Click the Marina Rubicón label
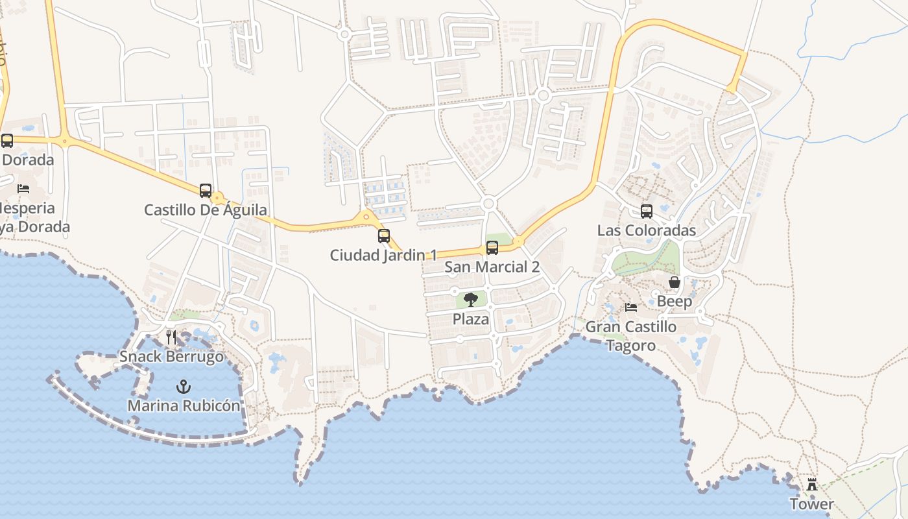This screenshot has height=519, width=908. pyautogui.click(x=184, y=405)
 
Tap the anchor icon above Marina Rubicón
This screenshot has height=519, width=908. pyautogui.click(x=184, y=387)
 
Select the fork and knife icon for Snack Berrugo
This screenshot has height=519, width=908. pyautogui.click(x=171, y=337)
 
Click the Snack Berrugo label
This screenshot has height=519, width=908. pyautogui.click(x=171, y=356)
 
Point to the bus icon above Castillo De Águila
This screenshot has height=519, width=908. pyautogui.click(x=206, y=191)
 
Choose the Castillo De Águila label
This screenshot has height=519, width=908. pyautogui.click(x=206, y=210)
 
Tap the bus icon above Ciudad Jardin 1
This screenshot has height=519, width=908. pyautogui.click(x=384, y=236)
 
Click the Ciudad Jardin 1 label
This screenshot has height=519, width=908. pyautogui.click(x=384, y=255)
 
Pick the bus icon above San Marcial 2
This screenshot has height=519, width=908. pyautogui.click(x=492, y=248)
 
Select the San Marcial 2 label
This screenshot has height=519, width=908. pyautogui.click(x=492, y=267)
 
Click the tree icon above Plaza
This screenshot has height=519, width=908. pyautogui.click(x=471, y=300)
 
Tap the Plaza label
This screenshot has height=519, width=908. pyautogui.click(x=471, y=319)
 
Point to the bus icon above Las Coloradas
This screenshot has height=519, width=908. pyautogui.click(x=647, y=211)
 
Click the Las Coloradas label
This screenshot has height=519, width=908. pyautogui.click(x=647, y=230)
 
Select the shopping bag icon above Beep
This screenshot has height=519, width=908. pyautogui.click(x=675, y=282)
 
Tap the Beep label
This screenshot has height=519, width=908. pyautogui.click(x=675, y=301)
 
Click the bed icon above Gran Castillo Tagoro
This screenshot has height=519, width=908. pyautogui.click(x=631, y=308)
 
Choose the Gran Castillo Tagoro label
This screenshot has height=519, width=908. pyautogui.click(x=631, y=336)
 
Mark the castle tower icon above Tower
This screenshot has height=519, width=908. pyautogui.click(x=811, y=485)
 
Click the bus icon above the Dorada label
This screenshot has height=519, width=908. pyautogui.click(x=7, y=140)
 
